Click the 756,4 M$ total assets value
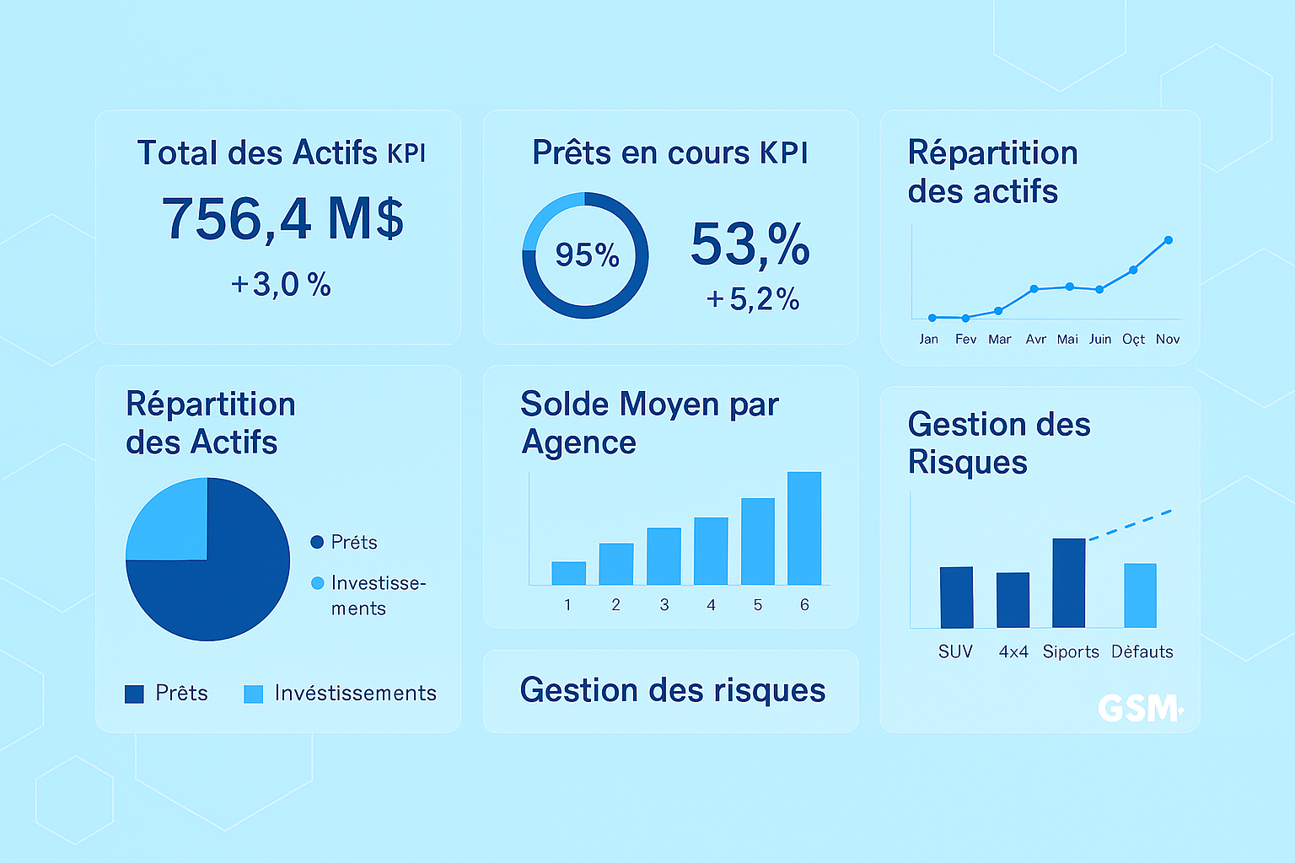coord(282,219)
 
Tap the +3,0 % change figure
coord(281,285)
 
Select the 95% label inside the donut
coord(587,255)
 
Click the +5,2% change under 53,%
coord(753,299)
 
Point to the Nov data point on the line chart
coord(1168,240)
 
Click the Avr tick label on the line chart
coord(1035,340)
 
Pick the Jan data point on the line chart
coord(932,318)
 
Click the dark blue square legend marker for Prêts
coord(134,694)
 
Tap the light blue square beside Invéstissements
coord(253,694)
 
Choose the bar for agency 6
coord(803,528)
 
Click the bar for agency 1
coord(568,573)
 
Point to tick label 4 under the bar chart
coord(711,605)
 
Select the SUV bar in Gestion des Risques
coord(956,598)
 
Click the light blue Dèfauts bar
coord(1140,596)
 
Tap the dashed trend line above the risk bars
coord(1130,525)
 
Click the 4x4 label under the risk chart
coord(1013,652)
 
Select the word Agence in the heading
coord(578,442)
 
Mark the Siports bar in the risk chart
coord(1068,583)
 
